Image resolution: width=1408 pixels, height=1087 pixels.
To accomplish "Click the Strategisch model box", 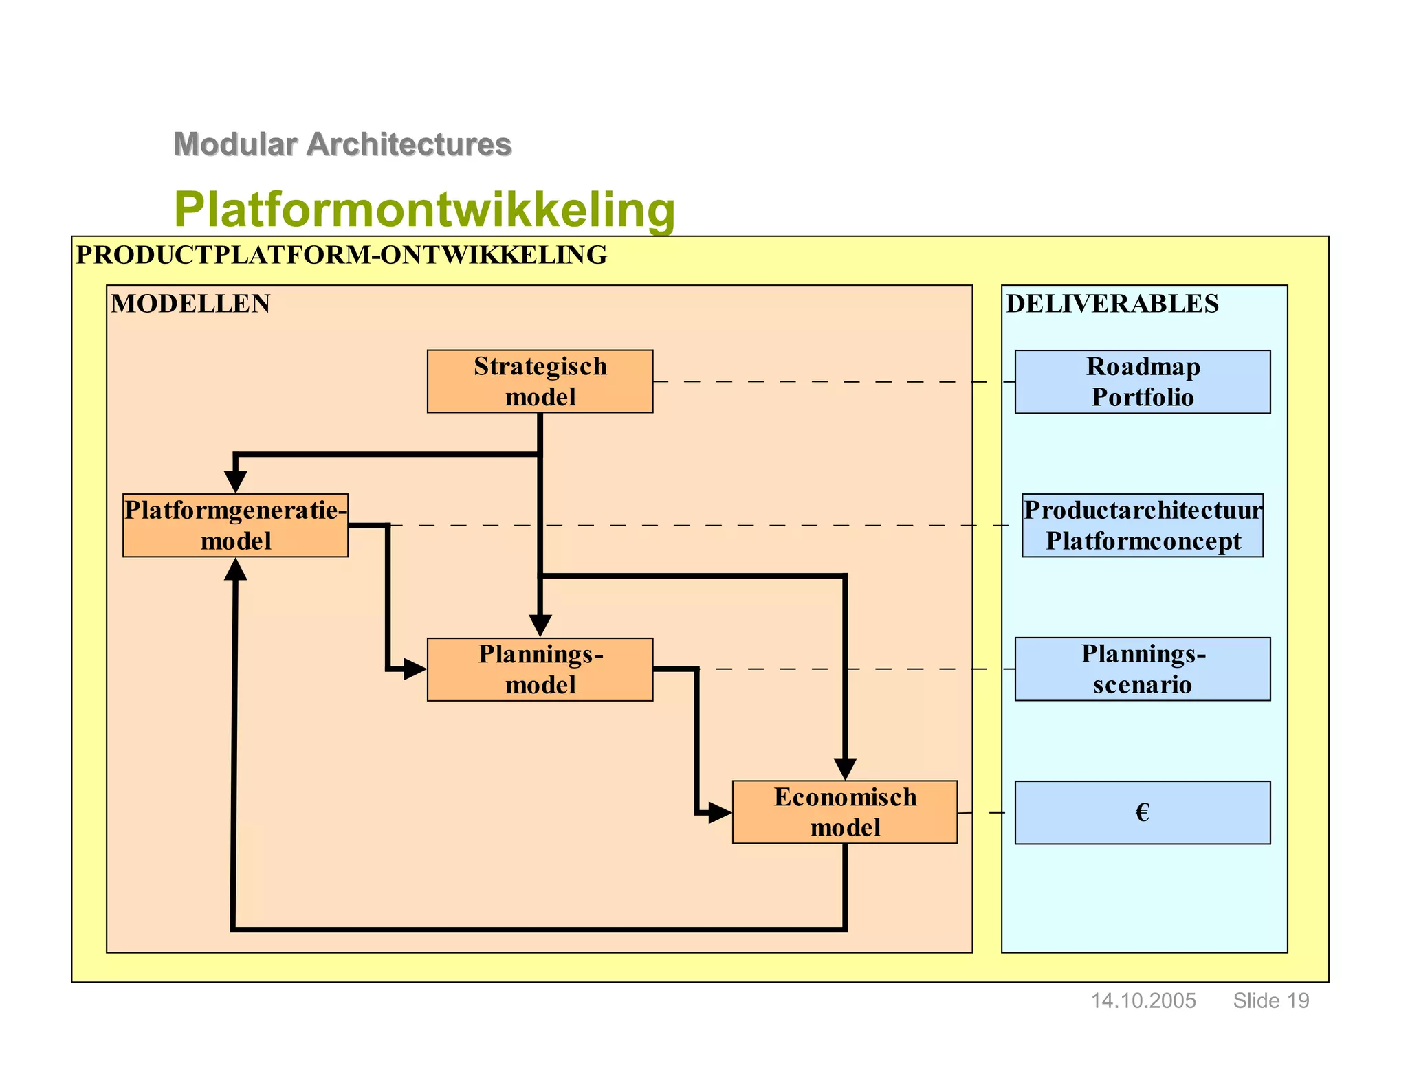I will click(540, 381).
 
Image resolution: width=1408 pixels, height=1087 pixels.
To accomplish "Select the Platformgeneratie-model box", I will click(235, 525).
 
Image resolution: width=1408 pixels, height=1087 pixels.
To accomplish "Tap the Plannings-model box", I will click(540, 669).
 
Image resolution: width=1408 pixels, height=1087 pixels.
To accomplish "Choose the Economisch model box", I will click(844, 811).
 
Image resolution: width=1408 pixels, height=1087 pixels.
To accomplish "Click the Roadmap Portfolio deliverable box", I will click(1142, 381).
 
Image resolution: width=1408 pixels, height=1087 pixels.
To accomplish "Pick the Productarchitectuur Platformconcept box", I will click(1142, 525).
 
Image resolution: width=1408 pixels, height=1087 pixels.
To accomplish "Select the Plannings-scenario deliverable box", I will click(1142, 669).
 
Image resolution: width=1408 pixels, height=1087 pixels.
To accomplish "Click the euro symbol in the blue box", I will click(1142, 812).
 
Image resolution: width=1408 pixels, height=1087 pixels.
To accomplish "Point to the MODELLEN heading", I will click(190, 304).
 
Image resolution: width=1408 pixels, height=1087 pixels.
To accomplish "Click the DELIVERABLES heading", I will click(1112, 304).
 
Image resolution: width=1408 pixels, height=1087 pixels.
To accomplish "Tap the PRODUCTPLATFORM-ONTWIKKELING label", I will click(342, 255).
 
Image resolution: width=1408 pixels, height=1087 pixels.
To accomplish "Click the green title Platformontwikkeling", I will click(424, 209).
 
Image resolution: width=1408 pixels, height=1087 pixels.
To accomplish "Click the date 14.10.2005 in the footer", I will click(1143, 1000).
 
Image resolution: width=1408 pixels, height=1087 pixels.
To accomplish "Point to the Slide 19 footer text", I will click(1270, 1000).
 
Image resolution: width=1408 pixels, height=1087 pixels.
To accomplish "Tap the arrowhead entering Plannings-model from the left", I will click(415, 669).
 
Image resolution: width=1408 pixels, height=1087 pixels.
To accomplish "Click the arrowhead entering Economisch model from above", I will click(845, 769).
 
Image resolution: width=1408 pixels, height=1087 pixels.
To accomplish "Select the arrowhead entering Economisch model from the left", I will click(720, 813).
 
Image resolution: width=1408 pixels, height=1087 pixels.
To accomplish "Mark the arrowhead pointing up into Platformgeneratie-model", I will click(235, 569).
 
